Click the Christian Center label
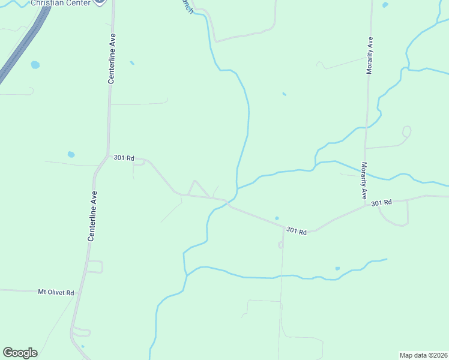[60, 3]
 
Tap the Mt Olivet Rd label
[56, 292]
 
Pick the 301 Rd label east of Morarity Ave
[381, 203]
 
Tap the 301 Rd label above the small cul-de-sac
[297, 230]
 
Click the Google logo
[20, 353]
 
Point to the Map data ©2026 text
[423, 355]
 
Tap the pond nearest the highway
[35, 64]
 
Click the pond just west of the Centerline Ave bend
[71, 154]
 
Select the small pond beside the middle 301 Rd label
[277, 218]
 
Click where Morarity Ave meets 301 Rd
[366, 206]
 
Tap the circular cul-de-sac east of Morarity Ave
[406, 130]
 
